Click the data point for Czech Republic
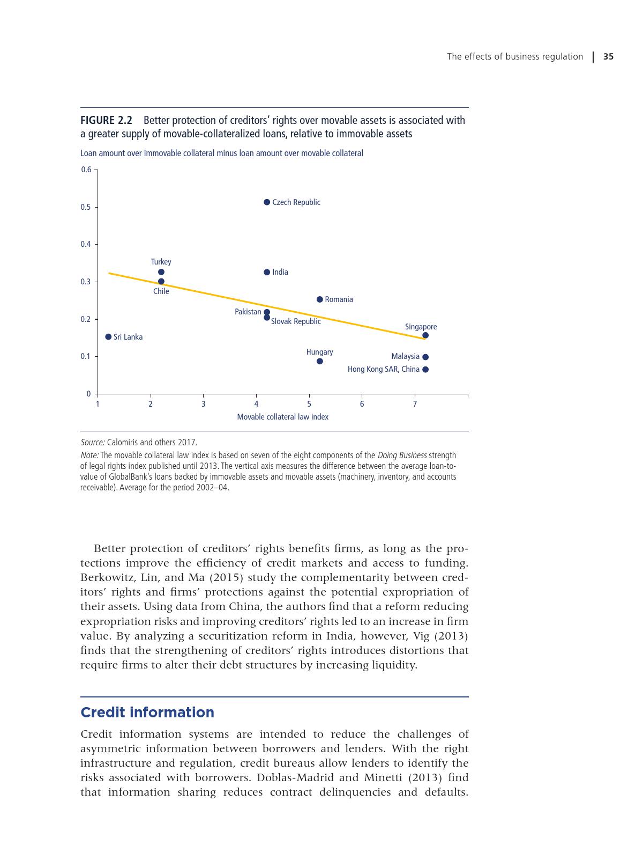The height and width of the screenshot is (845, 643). point(267,202)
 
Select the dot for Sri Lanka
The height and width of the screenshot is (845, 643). point(108,337)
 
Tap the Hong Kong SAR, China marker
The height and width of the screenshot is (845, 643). point(425,370)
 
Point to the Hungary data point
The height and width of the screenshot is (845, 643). point(320,361)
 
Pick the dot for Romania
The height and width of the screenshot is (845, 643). point(320,299)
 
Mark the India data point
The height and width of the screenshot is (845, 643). point(267,272)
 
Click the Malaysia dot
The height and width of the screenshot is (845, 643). point(425,357)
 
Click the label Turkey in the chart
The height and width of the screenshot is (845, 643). point(161,262)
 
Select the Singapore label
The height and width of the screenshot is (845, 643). point(421,327)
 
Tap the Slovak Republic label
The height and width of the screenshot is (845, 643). point(296,321)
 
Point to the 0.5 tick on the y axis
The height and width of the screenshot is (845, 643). point(86,207)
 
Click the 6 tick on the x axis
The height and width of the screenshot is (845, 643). point(362,404)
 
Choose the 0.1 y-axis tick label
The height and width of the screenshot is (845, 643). point(86,356)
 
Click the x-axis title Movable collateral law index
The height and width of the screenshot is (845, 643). point(282,417)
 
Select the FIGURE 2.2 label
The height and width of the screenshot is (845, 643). point(106,120)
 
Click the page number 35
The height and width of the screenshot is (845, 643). point(608,56)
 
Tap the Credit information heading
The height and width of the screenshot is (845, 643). point(147,712)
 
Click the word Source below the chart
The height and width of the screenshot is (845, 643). point(92,443)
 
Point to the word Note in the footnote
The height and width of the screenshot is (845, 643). point(89,455)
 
